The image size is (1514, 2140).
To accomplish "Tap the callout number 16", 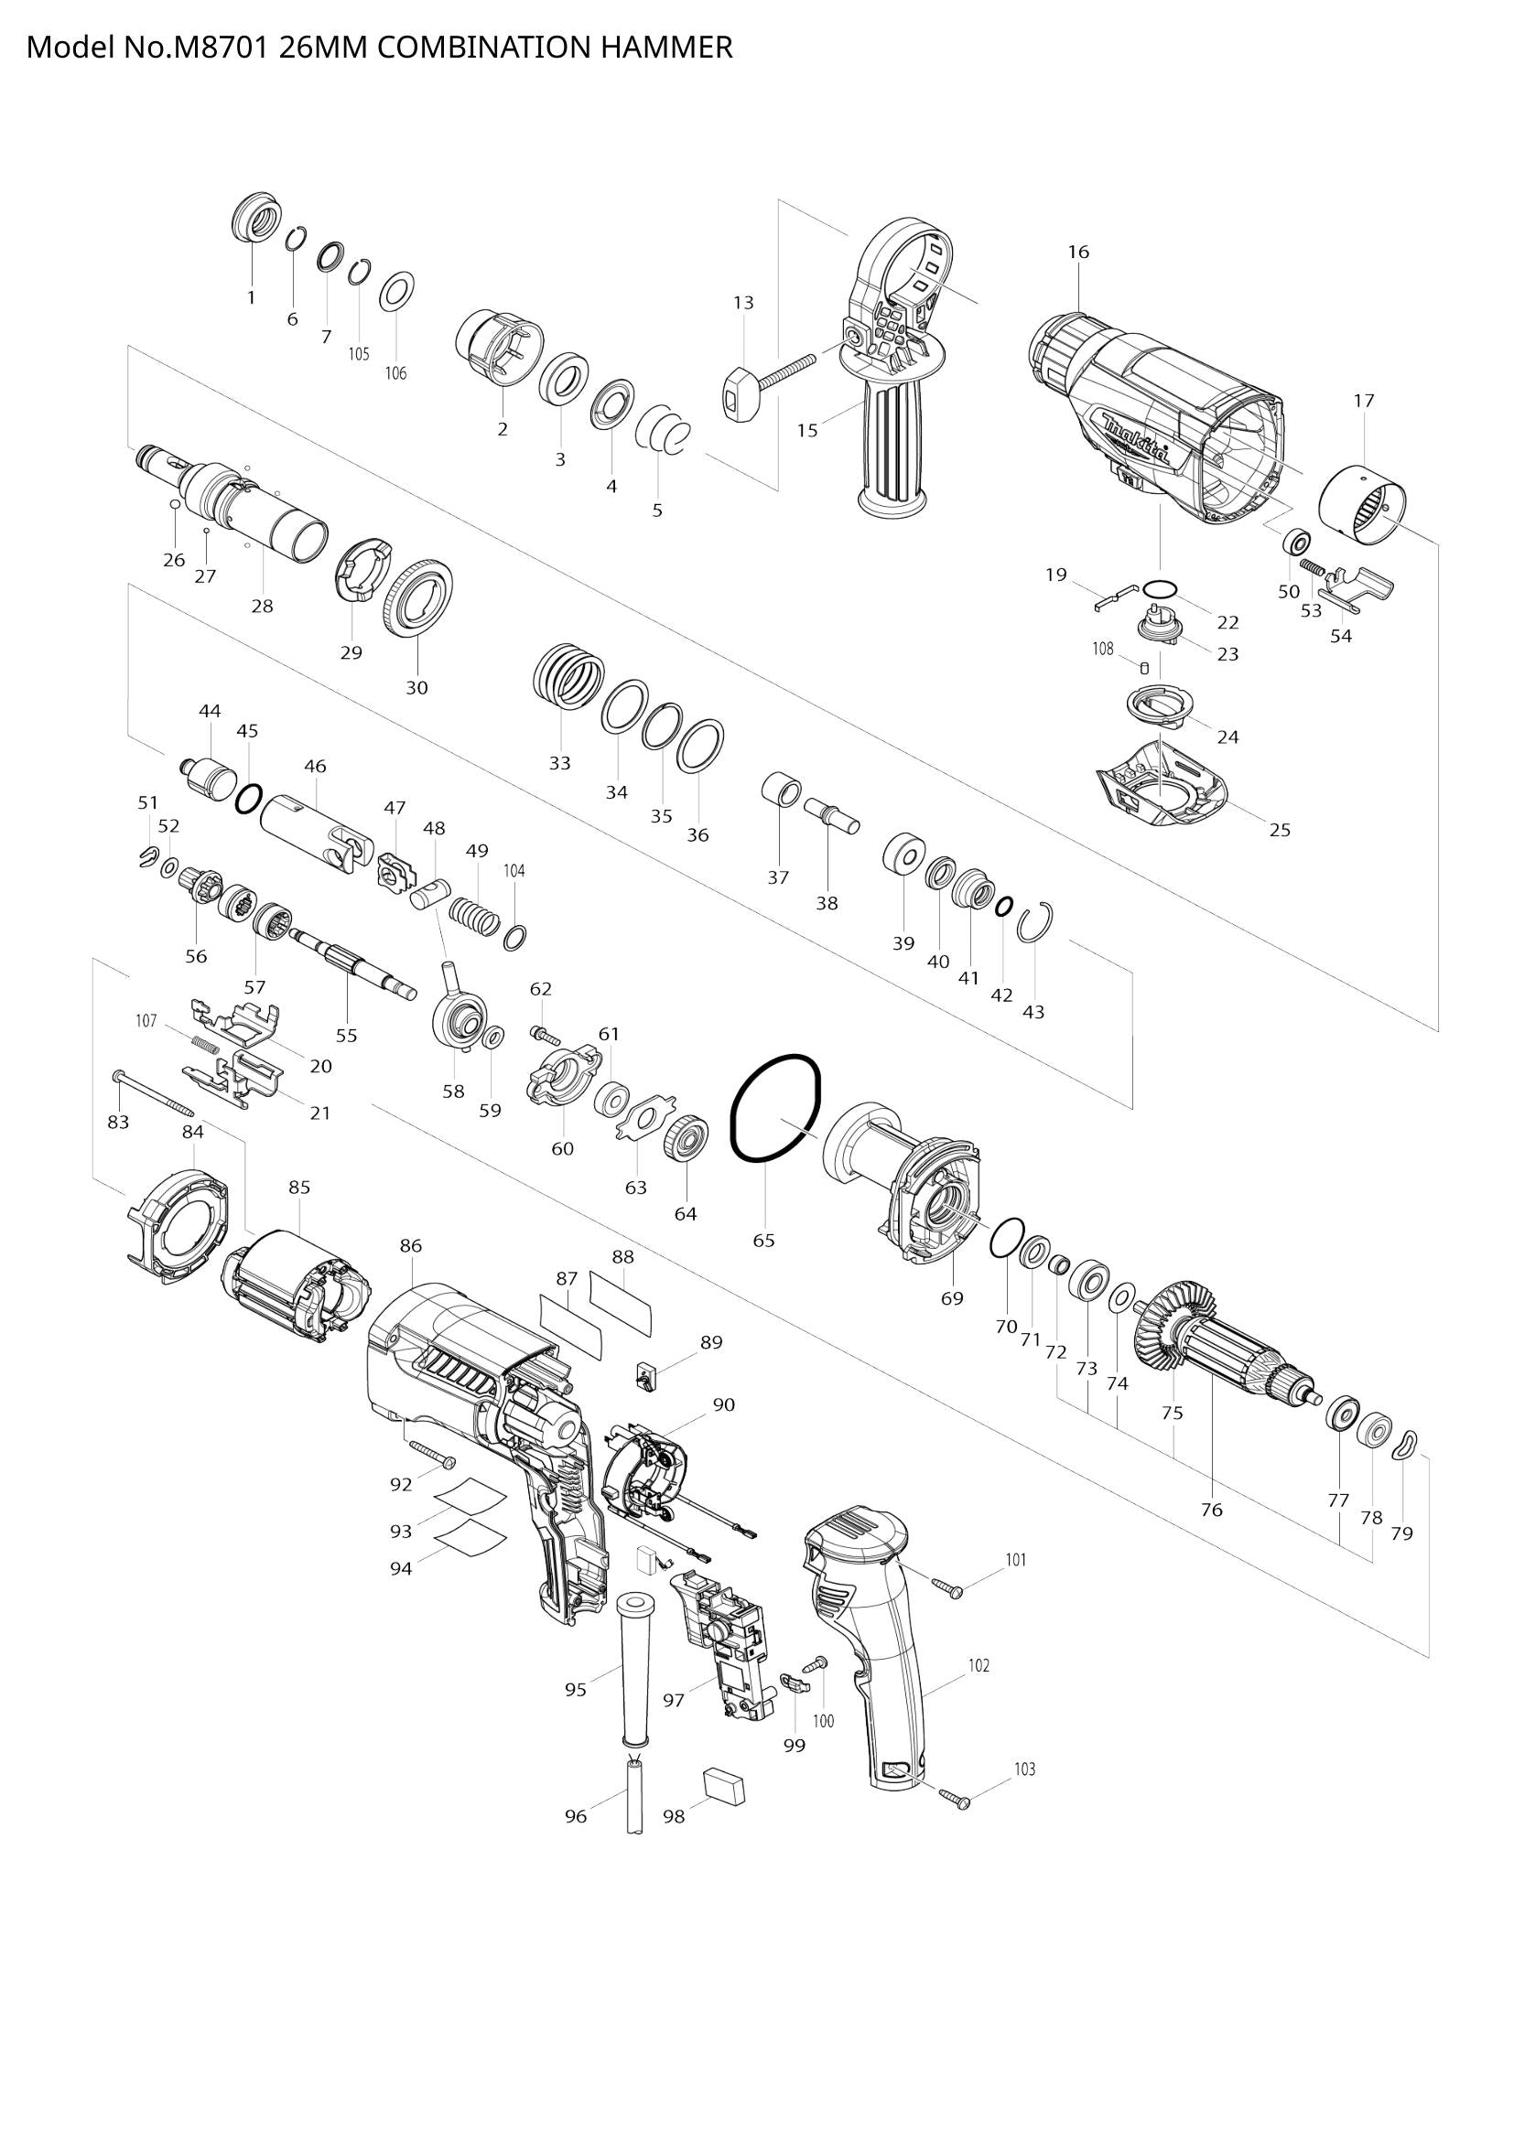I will click(x=1077, y=252).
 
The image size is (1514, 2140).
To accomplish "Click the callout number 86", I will click(x=410, y=1245).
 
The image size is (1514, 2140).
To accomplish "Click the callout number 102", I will click(x=978, y=1664).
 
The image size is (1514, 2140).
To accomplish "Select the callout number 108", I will click(x=1103, y=649).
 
